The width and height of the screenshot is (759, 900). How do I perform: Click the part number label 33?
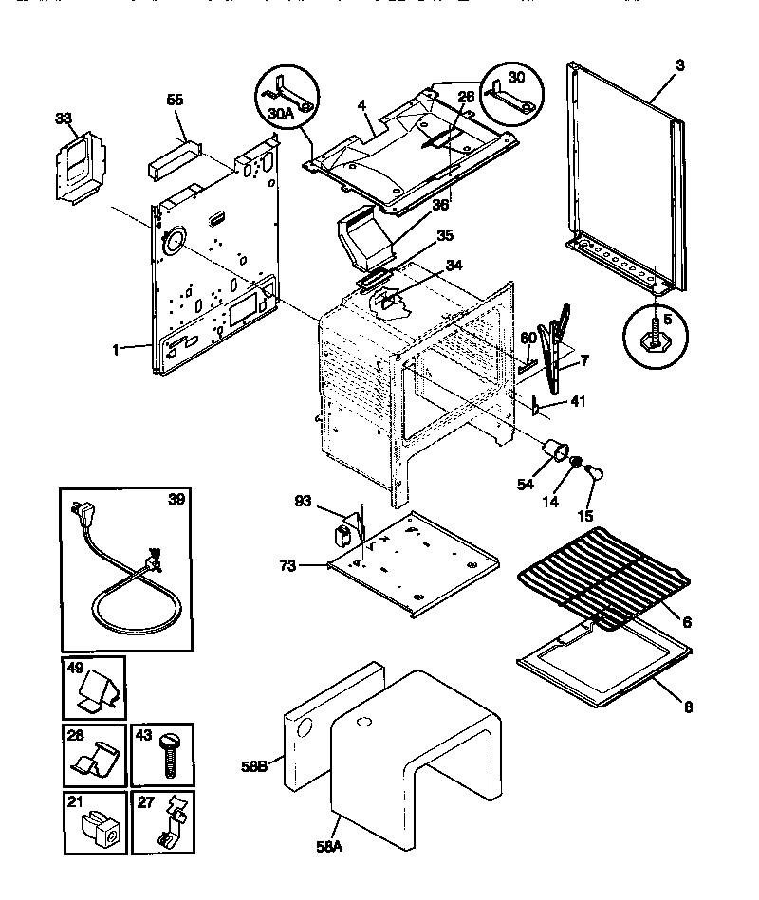[x=63, y=119]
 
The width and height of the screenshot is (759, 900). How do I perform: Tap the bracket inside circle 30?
[x=509, y=93]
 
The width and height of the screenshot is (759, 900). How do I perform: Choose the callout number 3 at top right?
[x=679, y=64]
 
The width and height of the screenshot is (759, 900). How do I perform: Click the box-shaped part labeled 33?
[x=80, y=162]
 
